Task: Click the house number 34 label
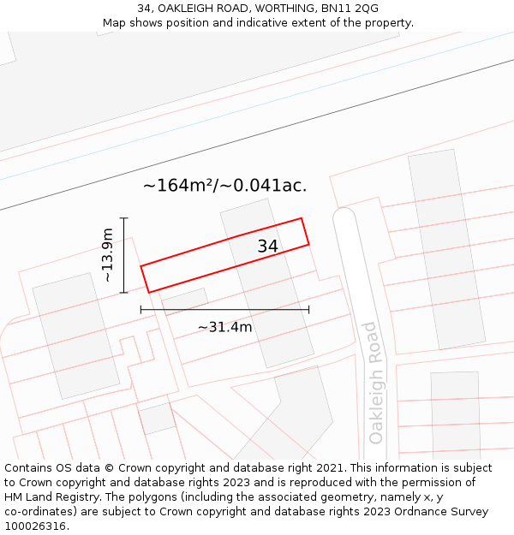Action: coord(267,247)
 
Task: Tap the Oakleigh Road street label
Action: coord(374,383)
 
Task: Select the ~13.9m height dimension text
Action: coord(106,255)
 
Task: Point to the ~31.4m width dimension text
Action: coord(224,327)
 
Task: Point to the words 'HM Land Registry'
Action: coord(51,496)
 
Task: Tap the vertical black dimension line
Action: coord(124,255)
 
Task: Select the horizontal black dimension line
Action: coord(224,310)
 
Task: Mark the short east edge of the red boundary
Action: coord(305,232)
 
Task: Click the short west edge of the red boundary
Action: coord(145,279)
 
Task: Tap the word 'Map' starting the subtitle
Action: coord(115,23)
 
